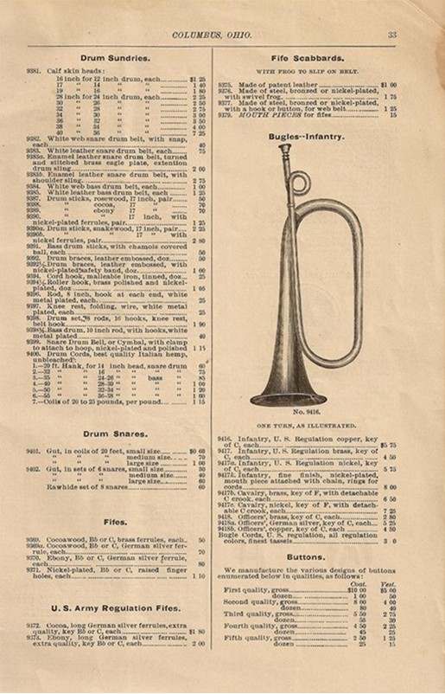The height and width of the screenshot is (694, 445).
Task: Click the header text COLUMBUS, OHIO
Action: (x=222, y=35)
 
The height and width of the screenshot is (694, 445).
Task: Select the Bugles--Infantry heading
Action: (x=307, y=137)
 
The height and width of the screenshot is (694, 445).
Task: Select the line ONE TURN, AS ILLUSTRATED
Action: (x=307, y=427)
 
